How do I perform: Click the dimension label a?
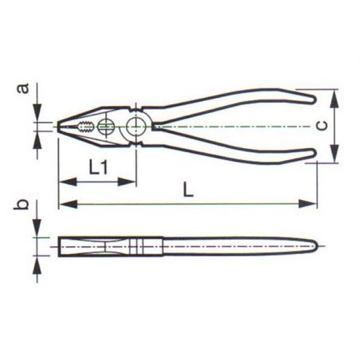coord(23,88)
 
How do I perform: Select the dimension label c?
coord(322,126)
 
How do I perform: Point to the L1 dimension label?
coord(98,167)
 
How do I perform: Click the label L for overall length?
coord(188,190)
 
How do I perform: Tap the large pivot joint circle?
coord(136,127)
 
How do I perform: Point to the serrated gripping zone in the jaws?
coord(85,127)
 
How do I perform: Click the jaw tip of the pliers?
coord(59,127)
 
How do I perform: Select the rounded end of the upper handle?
coord(313,100)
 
